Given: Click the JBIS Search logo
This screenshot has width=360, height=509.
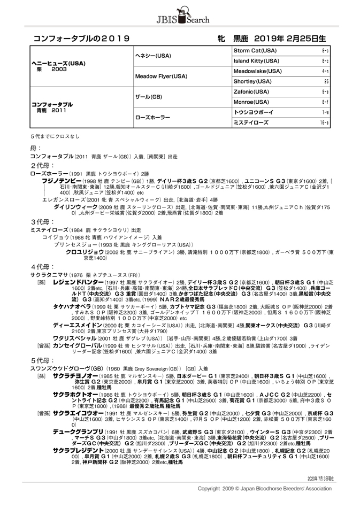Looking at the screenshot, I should pos(180,16).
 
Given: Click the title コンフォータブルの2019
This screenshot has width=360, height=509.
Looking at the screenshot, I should pos(82,39).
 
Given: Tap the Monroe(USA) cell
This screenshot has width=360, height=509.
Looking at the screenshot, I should pos(251,102).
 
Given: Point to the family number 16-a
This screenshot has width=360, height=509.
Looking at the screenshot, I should pos(325,122).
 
